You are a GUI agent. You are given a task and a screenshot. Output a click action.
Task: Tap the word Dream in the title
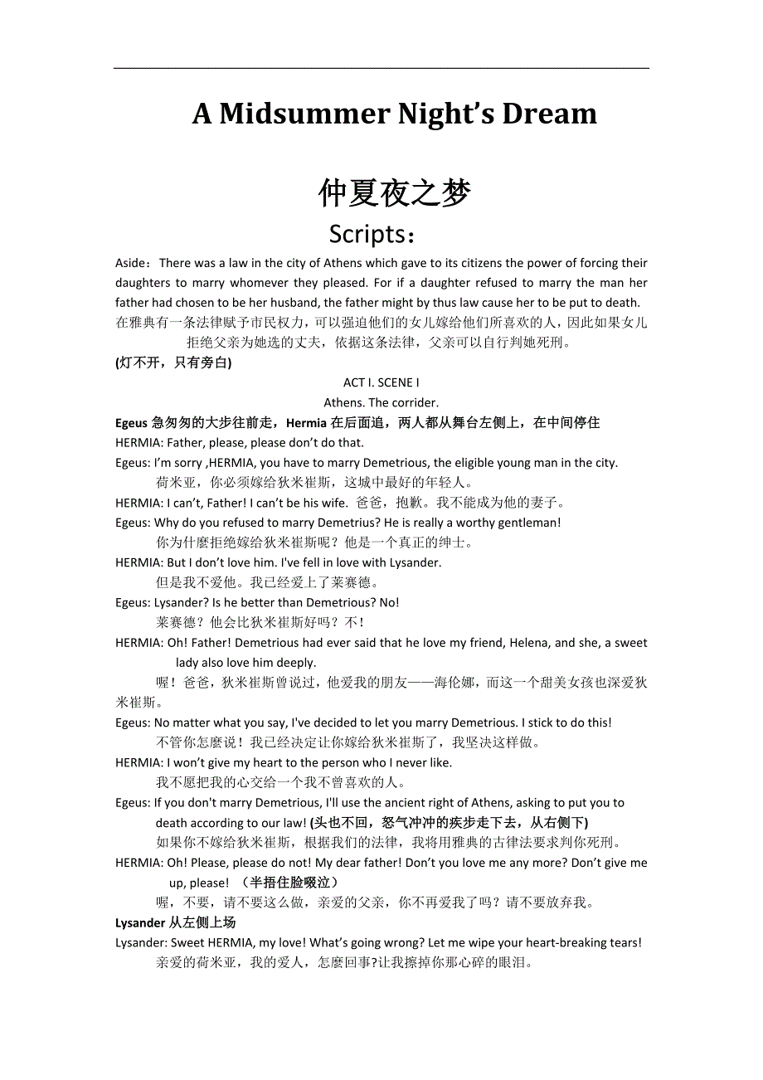[548, 114]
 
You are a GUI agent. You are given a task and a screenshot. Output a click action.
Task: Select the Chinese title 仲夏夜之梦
[394, 193]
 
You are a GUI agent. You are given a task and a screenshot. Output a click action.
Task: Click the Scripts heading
[371, 235]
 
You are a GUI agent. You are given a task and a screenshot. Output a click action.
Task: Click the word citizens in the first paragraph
[478, 263]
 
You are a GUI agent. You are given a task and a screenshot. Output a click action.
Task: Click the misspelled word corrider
[415, 402]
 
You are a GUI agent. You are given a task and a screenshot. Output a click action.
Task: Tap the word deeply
[297, 663]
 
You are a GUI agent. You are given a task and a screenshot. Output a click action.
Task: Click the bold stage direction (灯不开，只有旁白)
[173, 362]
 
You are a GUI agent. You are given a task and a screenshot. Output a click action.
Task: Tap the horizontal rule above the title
[381, 68]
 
